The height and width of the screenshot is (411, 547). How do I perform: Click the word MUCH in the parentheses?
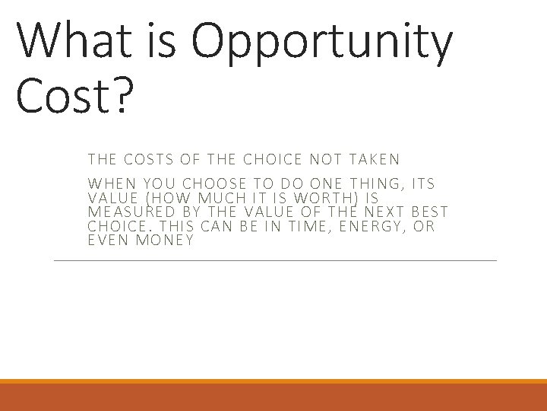point(203,198)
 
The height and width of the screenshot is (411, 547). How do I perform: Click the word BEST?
point(429,212)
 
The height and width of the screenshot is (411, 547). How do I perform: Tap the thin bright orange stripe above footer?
point(273,381)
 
